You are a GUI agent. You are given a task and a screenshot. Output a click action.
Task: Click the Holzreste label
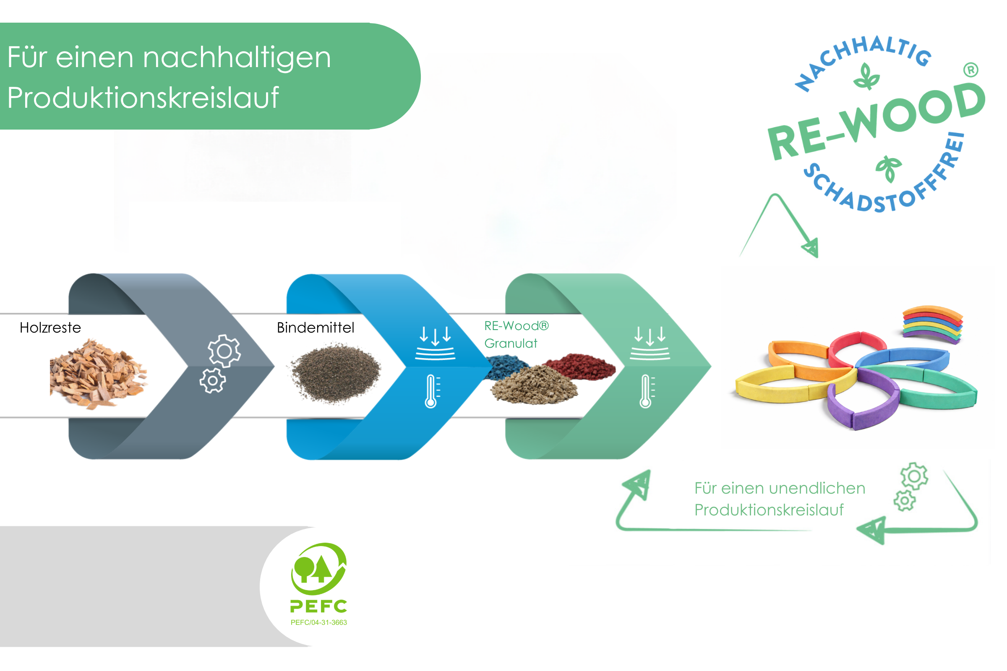click(50, 328)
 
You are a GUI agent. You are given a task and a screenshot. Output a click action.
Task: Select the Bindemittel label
click(316, 328)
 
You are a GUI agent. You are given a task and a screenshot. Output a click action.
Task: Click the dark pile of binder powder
click(336, 373)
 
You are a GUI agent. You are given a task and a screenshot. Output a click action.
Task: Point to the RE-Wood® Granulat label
click(516, 335)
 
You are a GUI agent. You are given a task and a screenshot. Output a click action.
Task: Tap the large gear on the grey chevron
click(224, 351)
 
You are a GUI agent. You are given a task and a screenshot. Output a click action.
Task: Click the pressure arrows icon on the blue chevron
click(435, 343)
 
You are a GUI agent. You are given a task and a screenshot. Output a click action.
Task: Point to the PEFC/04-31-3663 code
click(319, 623)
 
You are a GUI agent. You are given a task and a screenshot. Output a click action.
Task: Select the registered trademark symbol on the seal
click(970, 70)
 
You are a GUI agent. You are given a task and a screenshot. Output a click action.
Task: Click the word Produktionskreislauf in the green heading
click(143, 98)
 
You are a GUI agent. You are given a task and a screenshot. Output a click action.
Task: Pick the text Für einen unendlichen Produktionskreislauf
click(779, 499)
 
